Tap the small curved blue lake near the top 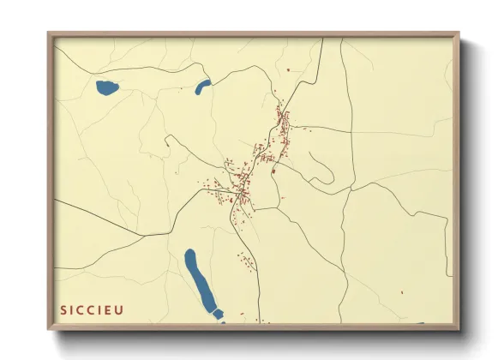pos(203,87)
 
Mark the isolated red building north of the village pos(289,69)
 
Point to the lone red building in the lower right pos(401,293)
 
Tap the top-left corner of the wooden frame pos(49,34)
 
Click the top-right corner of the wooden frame pos(459,34)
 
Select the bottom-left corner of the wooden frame pos(49,328)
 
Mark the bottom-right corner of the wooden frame pos(459,328)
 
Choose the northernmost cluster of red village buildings pos(283,120)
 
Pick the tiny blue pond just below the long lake pos(218,315)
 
